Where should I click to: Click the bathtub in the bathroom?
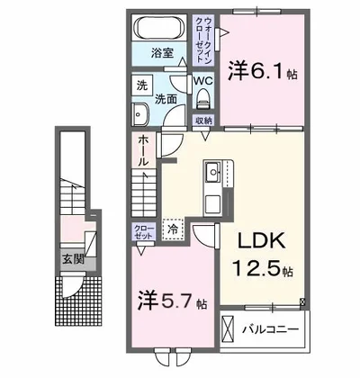tap(159, 27)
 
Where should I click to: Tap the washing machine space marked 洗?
tap(141, 85)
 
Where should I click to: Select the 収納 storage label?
tap(202, 120)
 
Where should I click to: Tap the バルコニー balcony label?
tap(267, 329)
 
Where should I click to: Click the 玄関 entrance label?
tap(72, 258)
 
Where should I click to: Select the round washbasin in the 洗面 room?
tap(140, 113)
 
